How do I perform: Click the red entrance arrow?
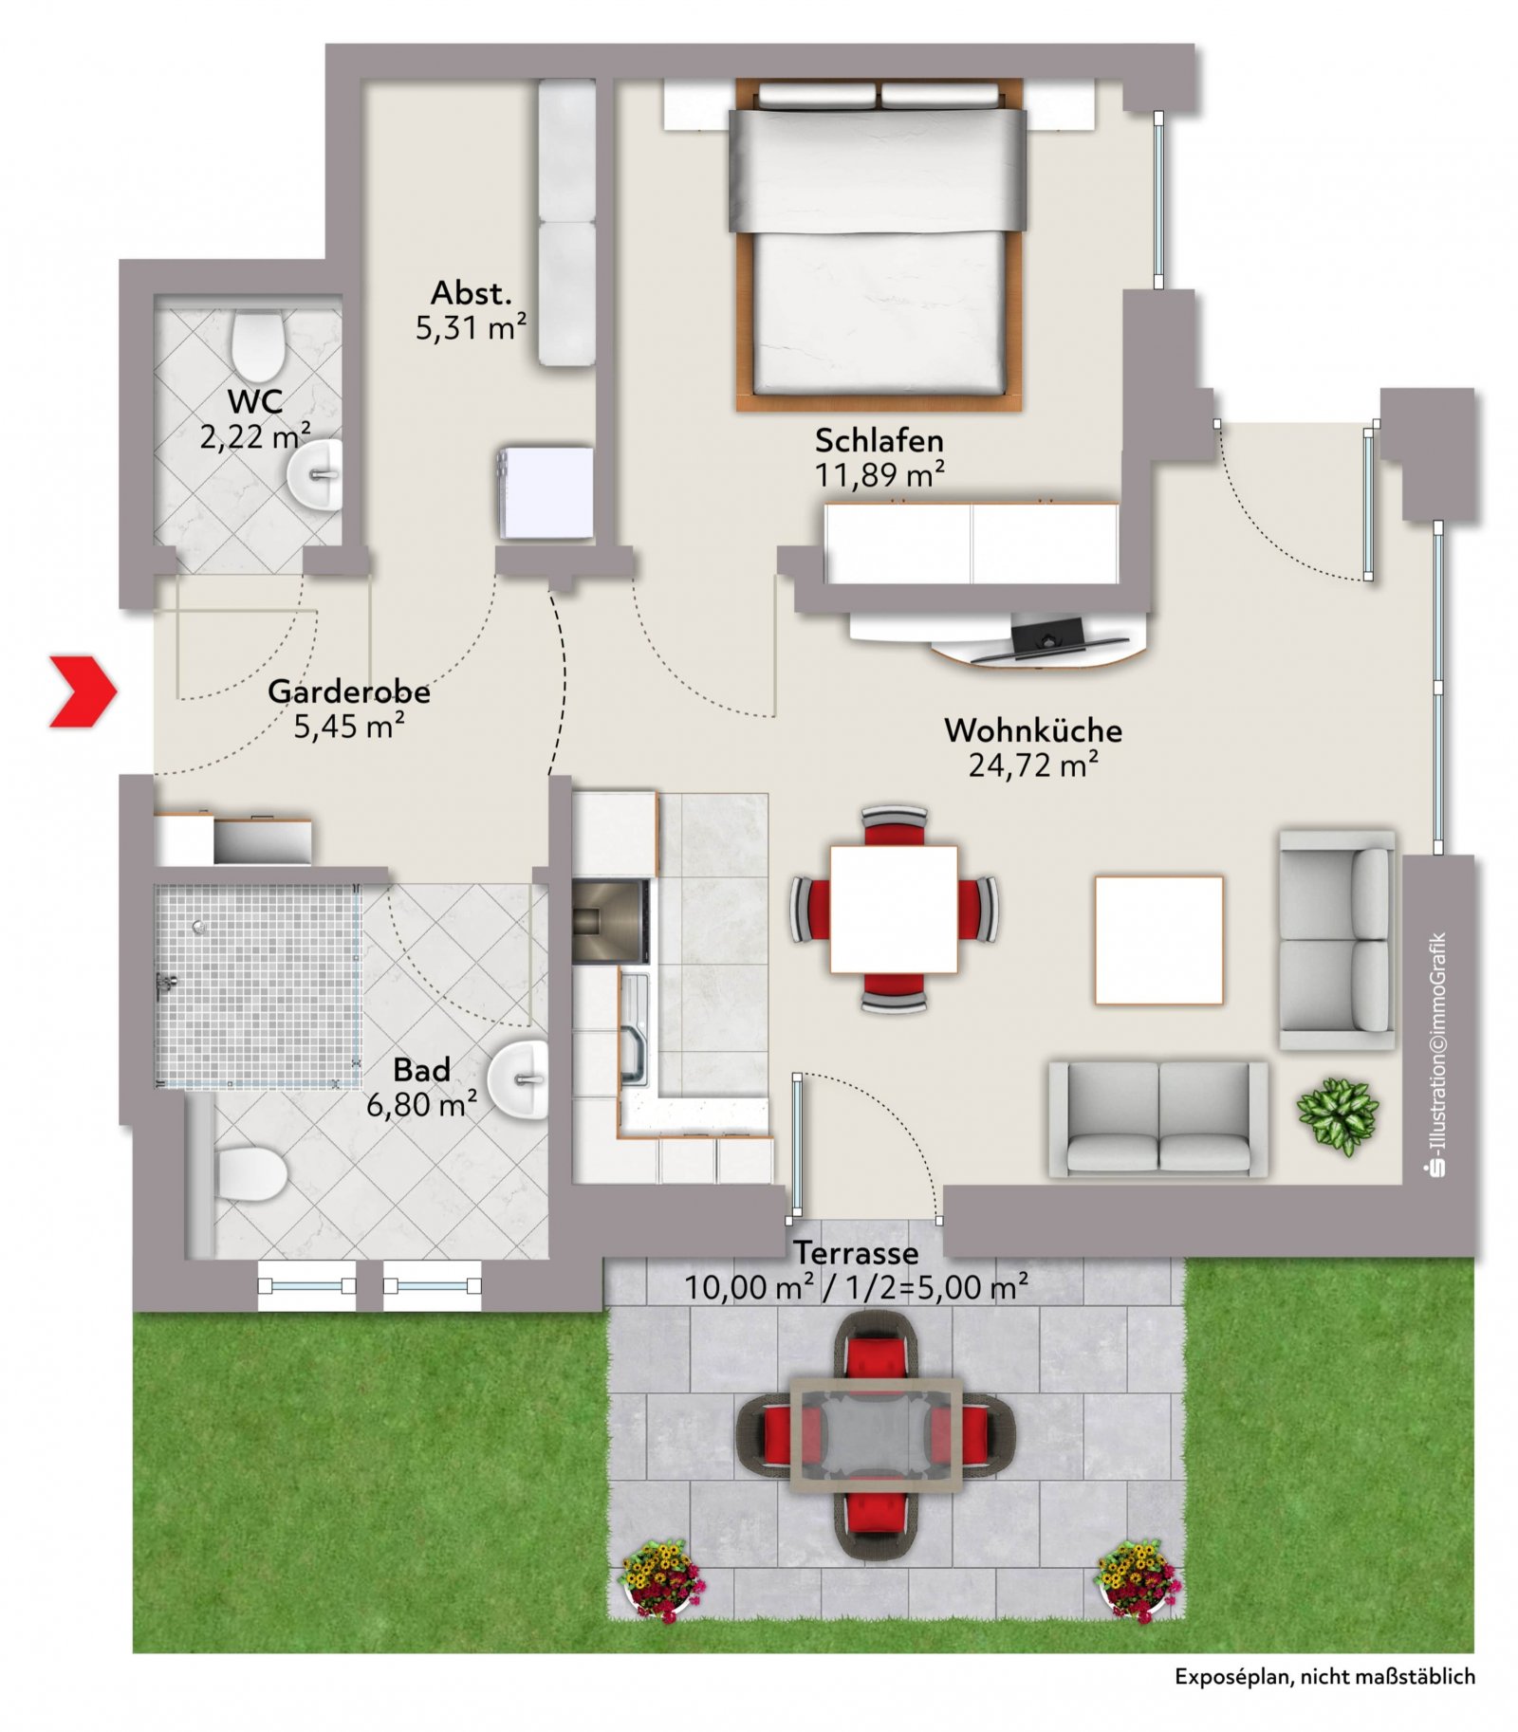(x=83, y=691)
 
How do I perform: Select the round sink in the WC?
(x=316, y=473)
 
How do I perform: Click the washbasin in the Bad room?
(x=519, y=1079)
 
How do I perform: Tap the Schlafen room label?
(x=879, y=441)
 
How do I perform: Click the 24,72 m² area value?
(x=1033, y=765)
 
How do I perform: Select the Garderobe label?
(x=349, y=691)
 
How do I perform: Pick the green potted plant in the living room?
(x=1338, y=1116)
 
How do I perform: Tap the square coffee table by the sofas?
(x=1158, y=940)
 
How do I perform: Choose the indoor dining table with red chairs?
(x=894, y=910)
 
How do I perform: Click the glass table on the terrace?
(x=877, y=1436)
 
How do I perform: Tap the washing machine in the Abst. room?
(x=545, y=493)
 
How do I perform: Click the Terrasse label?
(x=856, y=1253)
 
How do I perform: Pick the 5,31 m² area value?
(x=471, y=328)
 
